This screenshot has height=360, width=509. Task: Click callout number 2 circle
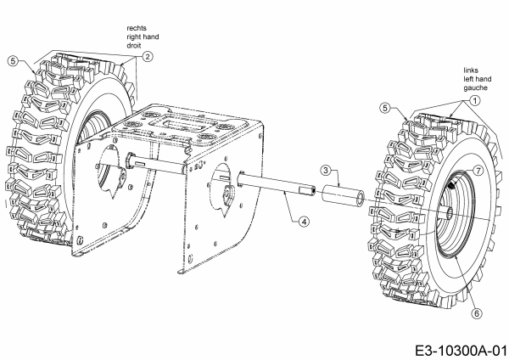[x=147, y=57]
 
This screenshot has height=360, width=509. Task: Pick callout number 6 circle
[x=478, y=312]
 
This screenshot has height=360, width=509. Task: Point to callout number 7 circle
[x=478, y=172]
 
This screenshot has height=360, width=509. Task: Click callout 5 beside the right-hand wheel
[x=13, y=60]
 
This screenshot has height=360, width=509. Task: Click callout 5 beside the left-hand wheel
[x=384, y=109]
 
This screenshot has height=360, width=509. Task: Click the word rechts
[x=136, y=27]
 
